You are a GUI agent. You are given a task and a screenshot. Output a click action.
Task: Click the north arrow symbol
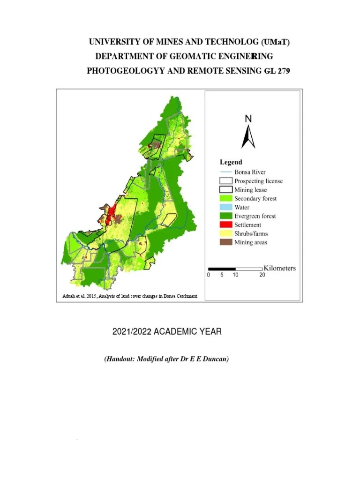[248, 136]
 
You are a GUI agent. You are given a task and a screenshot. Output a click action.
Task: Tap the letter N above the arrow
[248, 119]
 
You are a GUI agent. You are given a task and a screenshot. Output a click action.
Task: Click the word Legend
[231, 162]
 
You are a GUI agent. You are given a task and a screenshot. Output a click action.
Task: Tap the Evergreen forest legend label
[255, 216]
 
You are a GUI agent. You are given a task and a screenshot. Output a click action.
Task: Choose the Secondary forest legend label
[255, 198]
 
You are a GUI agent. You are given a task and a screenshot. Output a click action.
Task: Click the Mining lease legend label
[251, 190]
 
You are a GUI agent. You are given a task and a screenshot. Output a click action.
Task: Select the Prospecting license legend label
[258, 181]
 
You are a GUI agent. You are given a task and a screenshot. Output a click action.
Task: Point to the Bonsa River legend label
[250, 172]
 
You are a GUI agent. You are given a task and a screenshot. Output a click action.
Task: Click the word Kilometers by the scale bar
[280, 268]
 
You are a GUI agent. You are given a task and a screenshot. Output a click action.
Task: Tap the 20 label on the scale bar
[262, 275]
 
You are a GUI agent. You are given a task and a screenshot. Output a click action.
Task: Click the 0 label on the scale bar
[209, 275]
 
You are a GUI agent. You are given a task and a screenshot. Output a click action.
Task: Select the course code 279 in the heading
[289, 71]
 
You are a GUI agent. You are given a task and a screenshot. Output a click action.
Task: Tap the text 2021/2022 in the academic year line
[132, 332]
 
